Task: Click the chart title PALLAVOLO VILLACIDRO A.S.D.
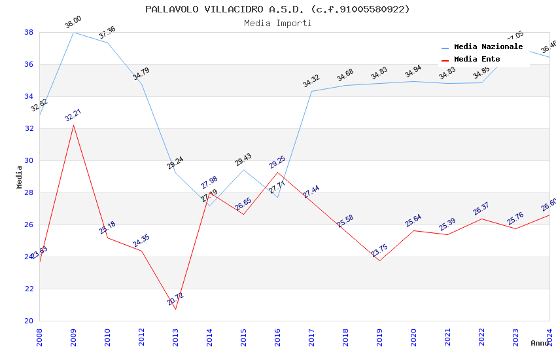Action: [277, 9]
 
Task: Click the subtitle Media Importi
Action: [277, 23]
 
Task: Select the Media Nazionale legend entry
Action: [488, 47]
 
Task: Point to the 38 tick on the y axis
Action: [29, 32]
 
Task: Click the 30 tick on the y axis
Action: [29, 160]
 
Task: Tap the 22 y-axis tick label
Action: [29, 289]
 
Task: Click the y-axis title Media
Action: [20, 177]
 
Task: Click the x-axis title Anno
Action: [540, 343]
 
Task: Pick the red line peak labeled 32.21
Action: [73, 125]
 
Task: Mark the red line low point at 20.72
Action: [175, 309]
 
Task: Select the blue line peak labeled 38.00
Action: [73, 32]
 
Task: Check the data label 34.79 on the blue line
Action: [141, 73]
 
